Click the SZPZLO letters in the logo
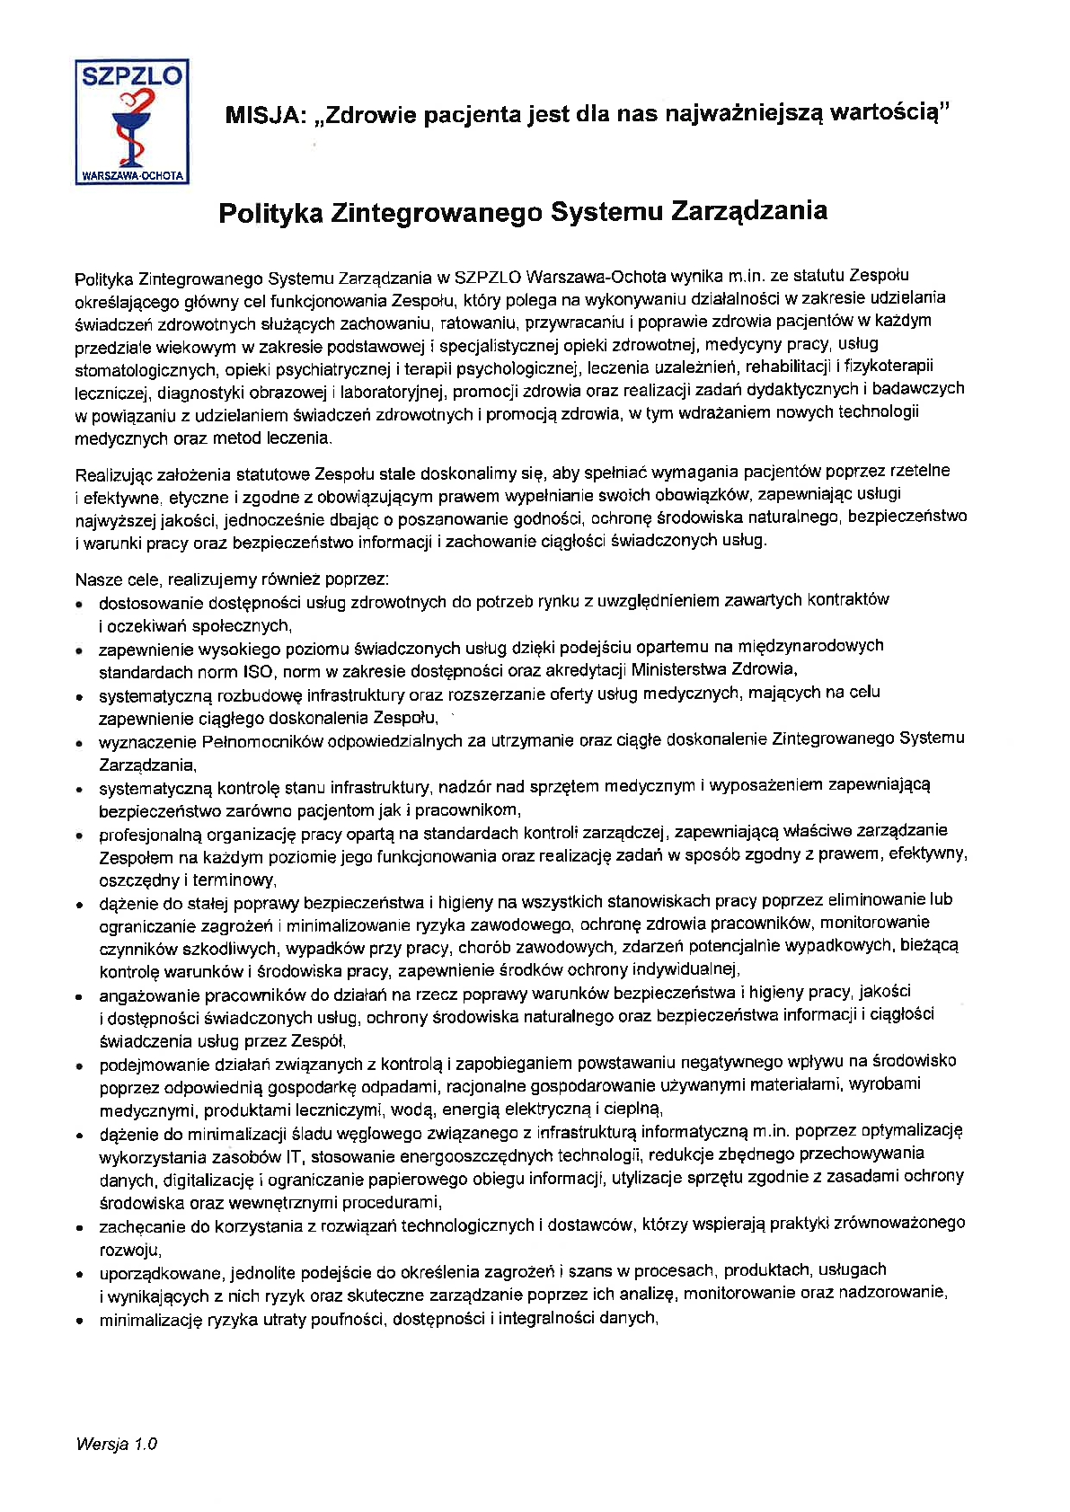pyautogui.click(x=131, y=76)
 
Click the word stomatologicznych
pyautogui.click(x=146, y=370)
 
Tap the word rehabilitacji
pyautogui.click(x=788, y=366)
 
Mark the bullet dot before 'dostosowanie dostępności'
pyautogui.click(x=80, y=605)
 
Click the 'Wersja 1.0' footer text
pyautogui.click(x=117, y=1445)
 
